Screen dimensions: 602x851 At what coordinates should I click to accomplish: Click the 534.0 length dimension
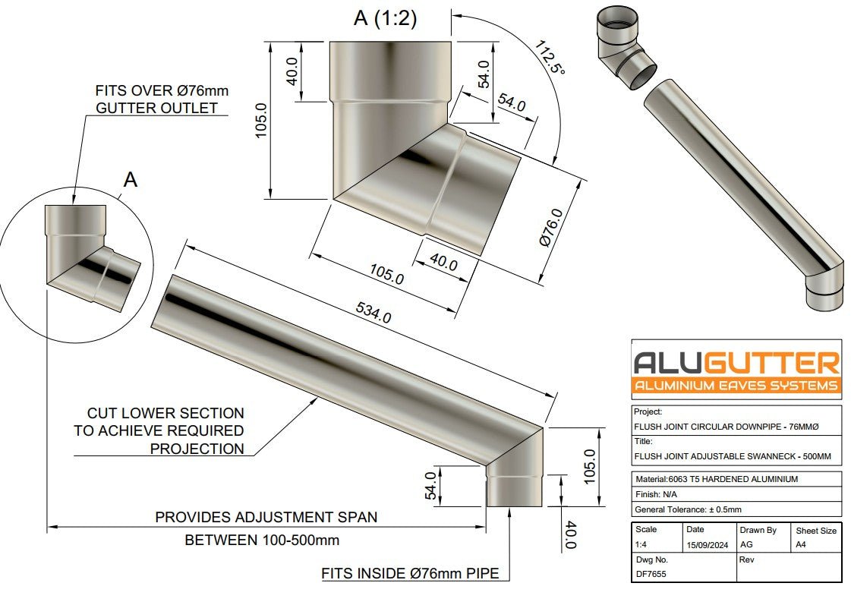(373, 311)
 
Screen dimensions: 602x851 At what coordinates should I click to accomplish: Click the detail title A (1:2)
(385, 18)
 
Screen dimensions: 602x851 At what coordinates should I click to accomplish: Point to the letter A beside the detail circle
(131, 180)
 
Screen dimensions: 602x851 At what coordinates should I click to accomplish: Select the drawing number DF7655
(651, 575)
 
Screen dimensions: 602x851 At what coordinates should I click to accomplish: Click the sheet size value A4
(802, 545)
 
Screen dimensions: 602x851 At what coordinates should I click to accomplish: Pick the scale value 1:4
(642, 545)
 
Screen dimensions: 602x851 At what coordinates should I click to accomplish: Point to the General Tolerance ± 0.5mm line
(688, 509)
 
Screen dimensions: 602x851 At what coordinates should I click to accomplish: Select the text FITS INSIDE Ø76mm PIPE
(410, 573)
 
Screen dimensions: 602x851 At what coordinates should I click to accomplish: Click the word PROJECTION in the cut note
(197, 449)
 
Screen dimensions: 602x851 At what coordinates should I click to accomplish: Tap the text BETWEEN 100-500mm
(262, 541)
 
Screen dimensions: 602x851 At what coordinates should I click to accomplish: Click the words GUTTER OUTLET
(156, 108)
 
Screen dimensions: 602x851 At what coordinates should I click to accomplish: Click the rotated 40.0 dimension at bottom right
(570, 535)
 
